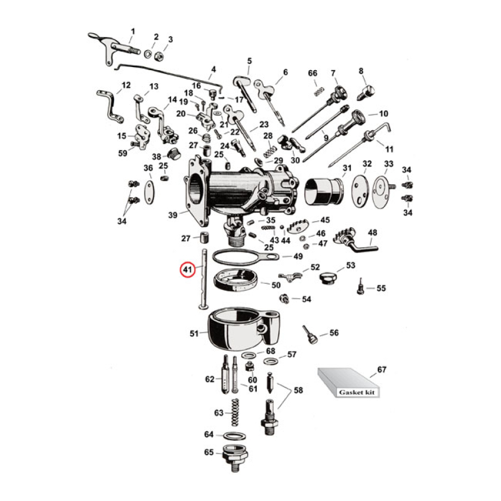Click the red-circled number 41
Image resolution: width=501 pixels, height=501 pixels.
click(187, 270)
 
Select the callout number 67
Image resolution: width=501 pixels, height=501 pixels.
click(381, 370)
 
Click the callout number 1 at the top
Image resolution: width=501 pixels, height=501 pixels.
click(132, 31)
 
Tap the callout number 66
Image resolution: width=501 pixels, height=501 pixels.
click(313, 73)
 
